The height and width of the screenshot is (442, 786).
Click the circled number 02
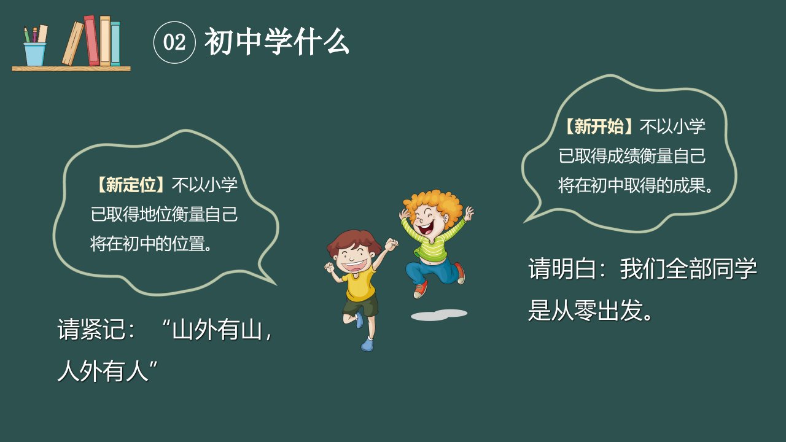pyautogui.click(x=174, y=42)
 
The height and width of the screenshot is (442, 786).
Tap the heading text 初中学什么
pyautogui.click(x=277, y=42)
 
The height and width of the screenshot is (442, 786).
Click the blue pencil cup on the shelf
pyautogui.click(x=35, y=55)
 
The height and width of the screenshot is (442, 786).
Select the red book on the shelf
pyautogui.click(x=91, y=40)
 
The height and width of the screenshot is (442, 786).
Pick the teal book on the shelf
pyautogui.click(x=115, y=44)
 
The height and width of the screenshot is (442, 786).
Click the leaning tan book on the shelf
pyautogui.click(x=73, y=44)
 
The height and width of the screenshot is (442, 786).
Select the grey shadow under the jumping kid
pyautogui.click(x=439, y=315)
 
